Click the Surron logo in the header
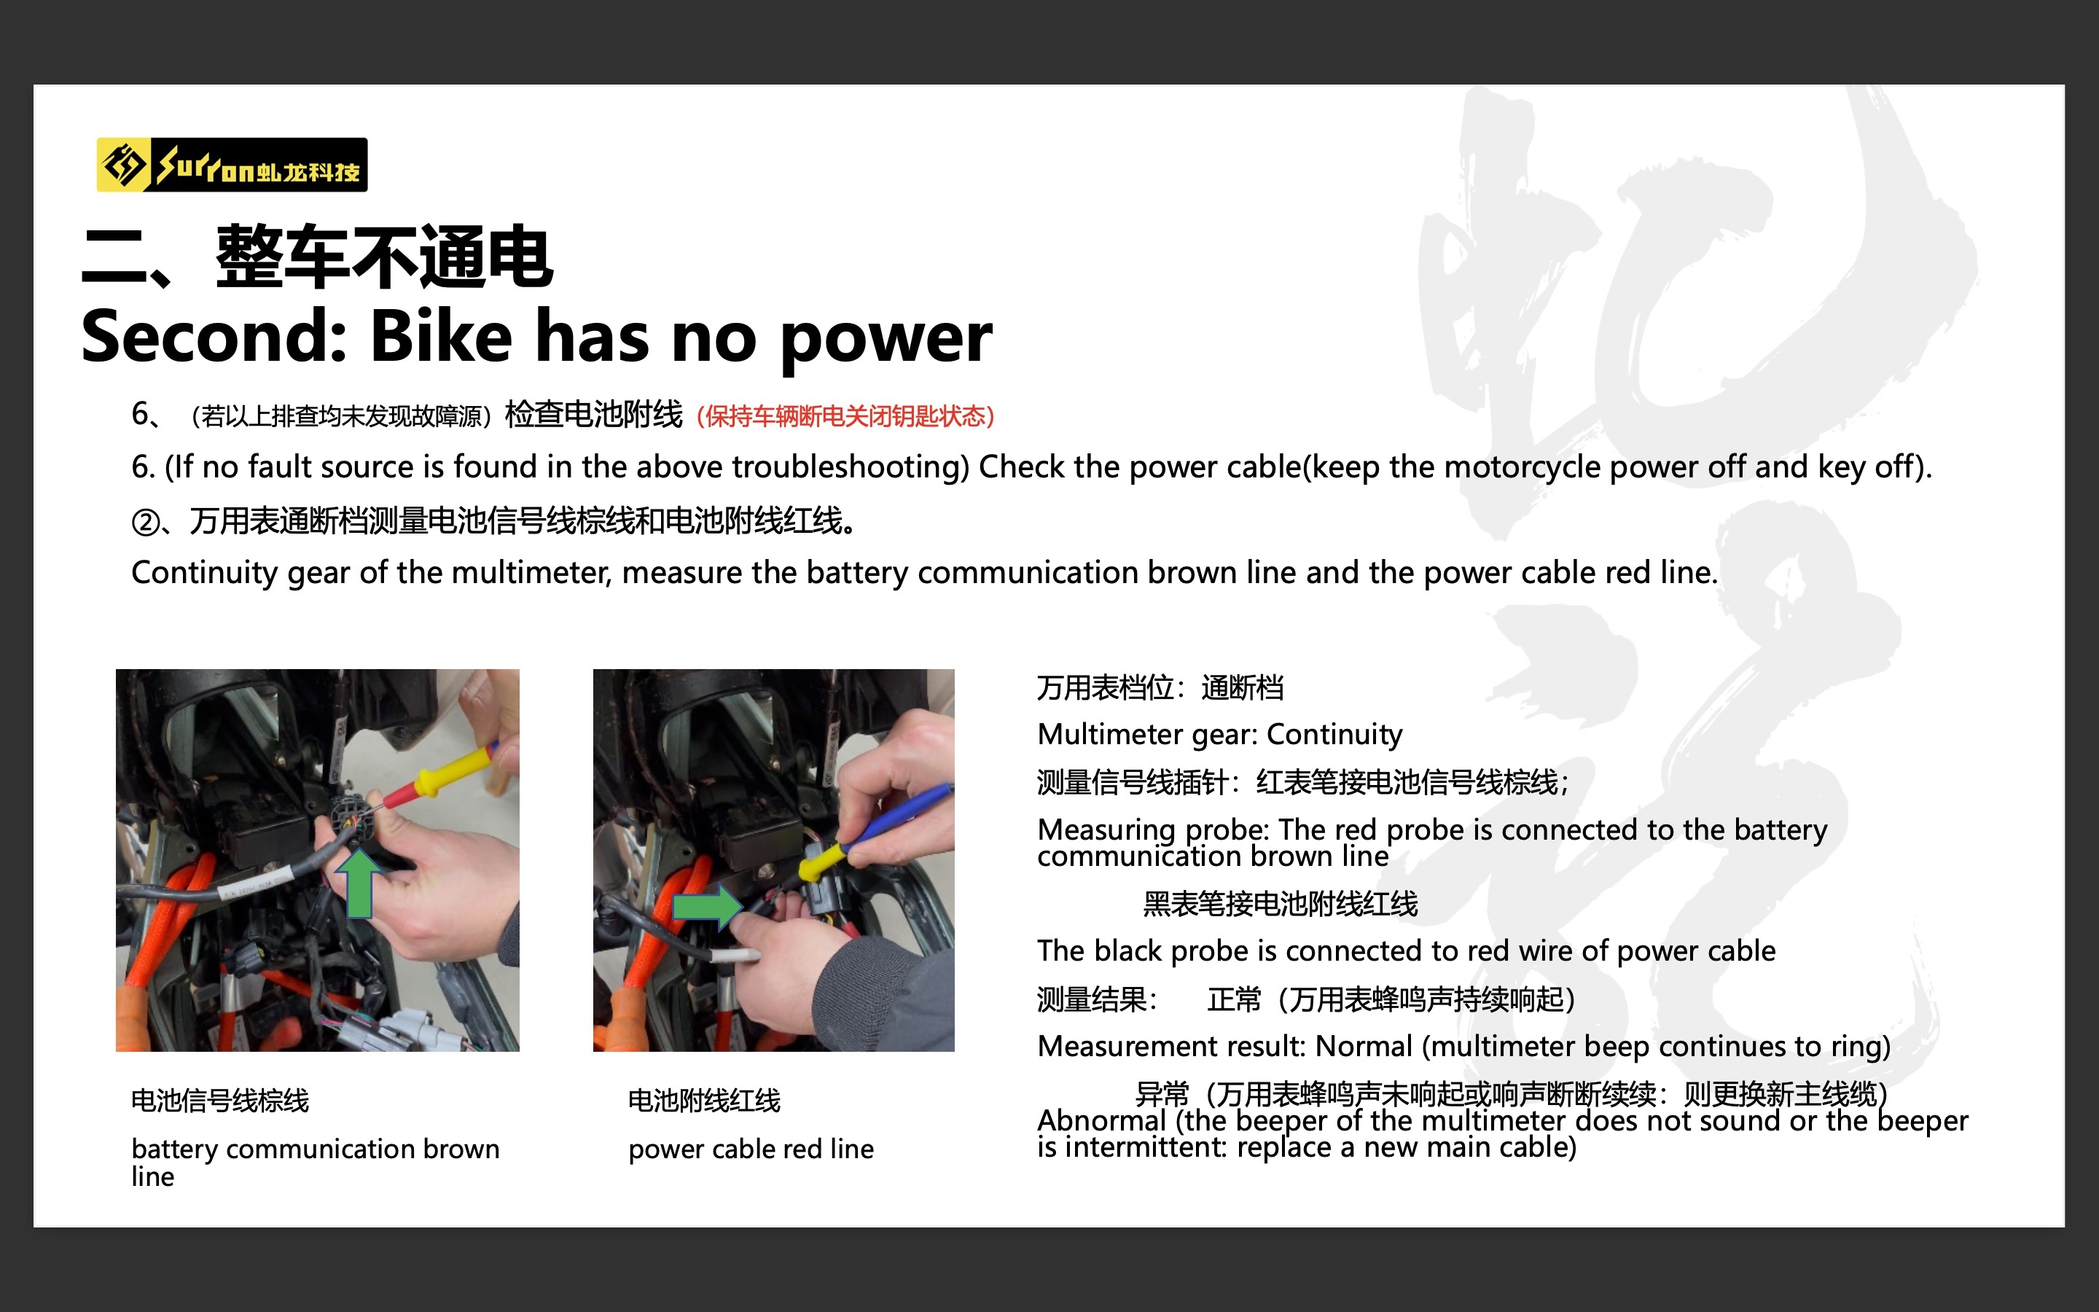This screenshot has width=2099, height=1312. pos(232,164)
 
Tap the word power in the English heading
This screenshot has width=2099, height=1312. pos(886,341)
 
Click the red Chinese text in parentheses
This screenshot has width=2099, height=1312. pos(845,416)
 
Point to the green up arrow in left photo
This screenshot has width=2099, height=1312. pos(359,883)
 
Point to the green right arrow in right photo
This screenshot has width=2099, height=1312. pos(708,907)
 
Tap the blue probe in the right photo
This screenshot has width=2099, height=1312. pos(898,813)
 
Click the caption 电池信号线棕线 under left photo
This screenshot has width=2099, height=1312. pos(220,1101)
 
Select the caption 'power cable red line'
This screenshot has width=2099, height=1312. pos(751,1149)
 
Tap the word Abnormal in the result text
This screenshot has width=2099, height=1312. pos(1101,1120)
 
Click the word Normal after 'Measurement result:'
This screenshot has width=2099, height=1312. pos(1364,1047)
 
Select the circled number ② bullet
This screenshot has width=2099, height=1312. pos(146,523)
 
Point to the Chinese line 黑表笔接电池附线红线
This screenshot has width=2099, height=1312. pos(1281,904)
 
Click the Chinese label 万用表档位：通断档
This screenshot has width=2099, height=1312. pos(1160,688)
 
